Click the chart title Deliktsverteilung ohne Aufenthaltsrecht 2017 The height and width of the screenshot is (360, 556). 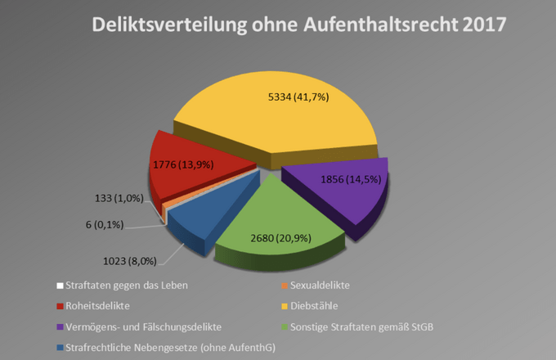tap(299, 25)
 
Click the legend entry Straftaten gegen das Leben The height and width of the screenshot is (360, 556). tap(123, 286)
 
